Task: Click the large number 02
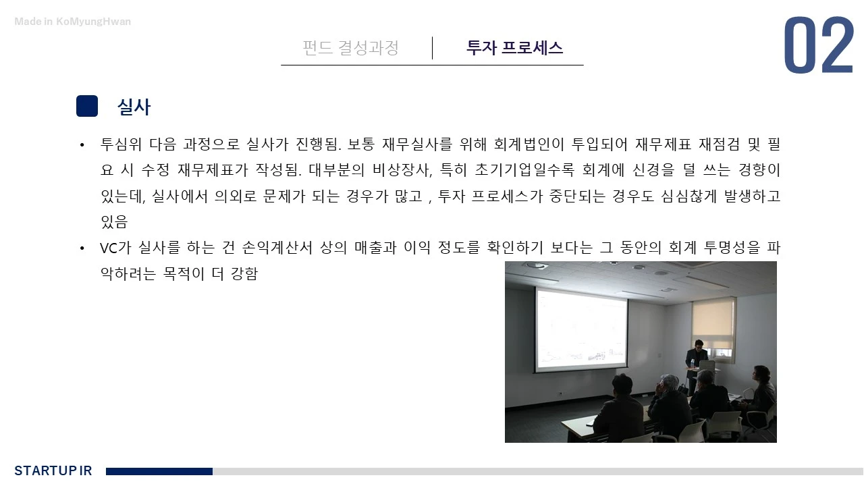pyautogui.click(x=819, y=47)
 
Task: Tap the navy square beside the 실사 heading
pyautogui.click(x=87, y=106)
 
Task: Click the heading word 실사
pyautogui.click(x=134, y=107)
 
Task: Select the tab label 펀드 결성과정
pyautogui.click(x=350, y=48)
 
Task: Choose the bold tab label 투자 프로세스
pyautogui.click(x=514, y=48)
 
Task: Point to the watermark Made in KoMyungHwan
pyautogui.click(x=73, y=22)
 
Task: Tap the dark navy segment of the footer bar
pyautogui.click(x=159, y=471)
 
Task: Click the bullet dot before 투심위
pyautogui.click(x=82, y=144)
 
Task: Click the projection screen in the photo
pyautogui.click(x=581, y=330)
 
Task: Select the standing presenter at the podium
pyautogui.click(x=696, y=361)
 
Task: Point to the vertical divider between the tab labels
pyautogui.click(x=432, y=48)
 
